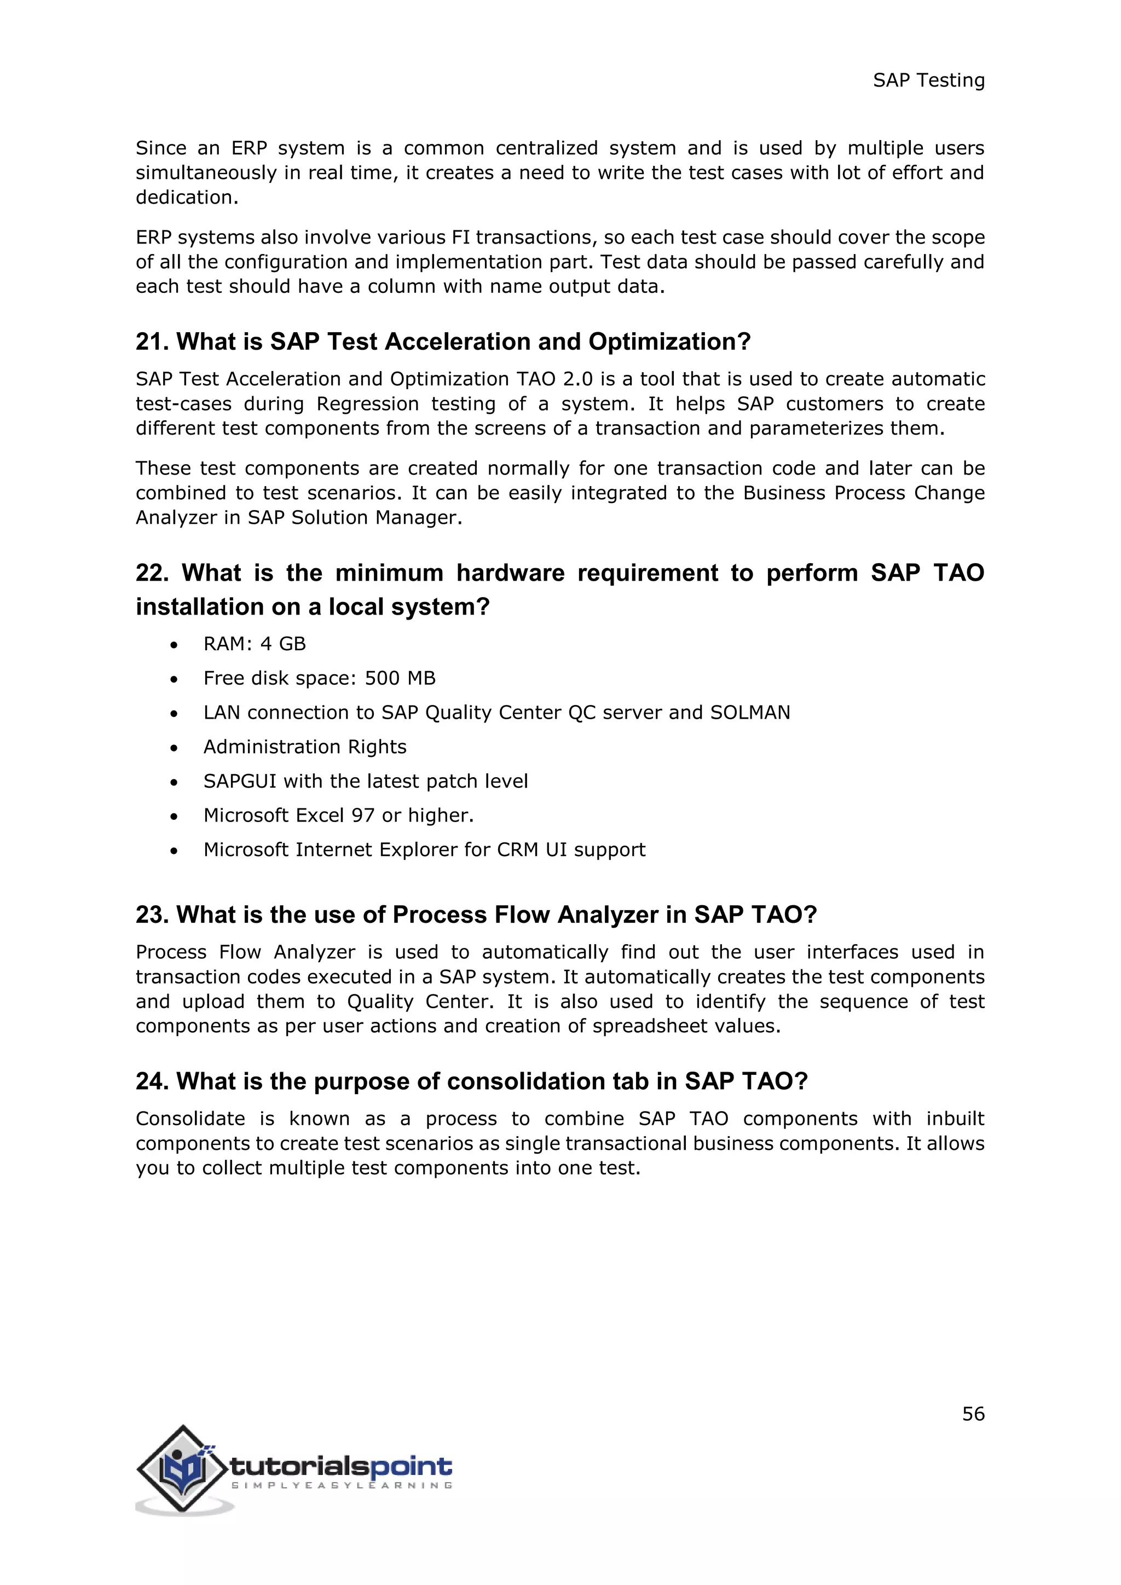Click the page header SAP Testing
tap(928, 81)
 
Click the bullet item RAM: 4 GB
tap(254, 644)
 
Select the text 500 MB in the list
tap(400, 678)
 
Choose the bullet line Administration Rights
tap(304, 747)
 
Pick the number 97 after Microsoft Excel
tap(362, 815)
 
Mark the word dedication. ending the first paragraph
tap(186, 198)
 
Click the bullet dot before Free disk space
tap(174, 679)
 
